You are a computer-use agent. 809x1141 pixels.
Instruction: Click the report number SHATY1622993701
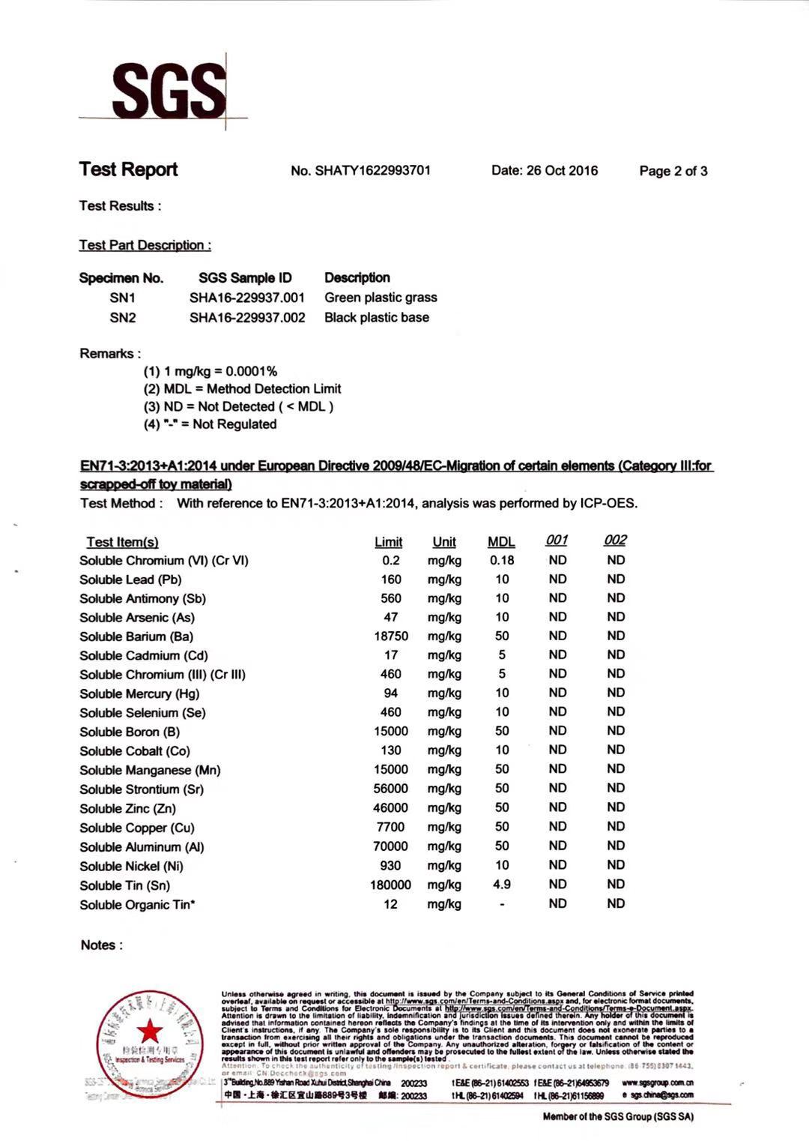(x=360, y=170)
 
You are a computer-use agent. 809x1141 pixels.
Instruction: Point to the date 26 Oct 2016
(x=545, y=170)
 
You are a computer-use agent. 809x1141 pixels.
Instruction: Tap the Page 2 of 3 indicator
(x=673, y=171)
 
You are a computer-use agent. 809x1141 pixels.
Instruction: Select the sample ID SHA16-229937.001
(x=247, y=298)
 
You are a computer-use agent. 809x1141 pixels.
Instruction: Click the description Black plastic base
(x=377, y=317)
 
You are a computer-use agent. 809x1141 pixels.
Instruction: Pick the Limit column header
(x=388, y=541)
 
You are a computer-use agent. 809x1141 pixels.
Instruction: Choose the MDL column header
(x=501, y=541)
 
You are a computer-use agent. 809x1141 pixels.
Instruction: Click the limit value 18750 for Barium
(x=391, y=636)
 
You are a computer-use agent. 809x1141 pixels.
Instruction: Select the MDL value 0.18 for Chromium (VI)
(x=502, y=560)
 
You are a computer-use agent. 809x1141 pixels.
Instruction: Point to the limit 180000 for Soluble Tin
(x=390, y=885)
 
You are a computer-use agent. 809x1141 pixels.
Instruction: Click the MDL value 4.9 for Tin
(x=502, y=885)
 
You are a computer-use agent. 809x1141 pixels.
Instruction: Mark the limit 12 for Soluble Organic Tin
(x=390, y=904)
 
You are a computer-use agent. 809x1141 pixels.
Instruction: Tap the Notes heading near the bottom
(x=101, y=945)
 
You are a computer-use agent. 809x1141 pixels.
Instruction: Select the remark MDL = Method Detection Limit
(x=242, y=388)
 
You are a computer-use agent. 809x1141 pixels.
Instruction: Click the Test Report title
(x=128, y=169)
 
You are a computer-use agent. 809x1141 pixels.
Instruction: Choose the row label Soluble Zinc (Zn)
(x=128, y=808)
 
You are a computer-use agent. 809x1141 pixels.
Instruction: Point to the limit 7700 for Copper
(x=390, y=827)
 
